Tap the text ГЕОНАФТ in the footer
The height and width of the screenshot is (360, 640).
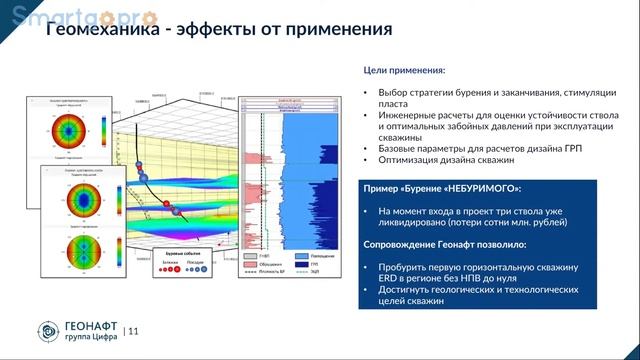click(93, 325)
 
